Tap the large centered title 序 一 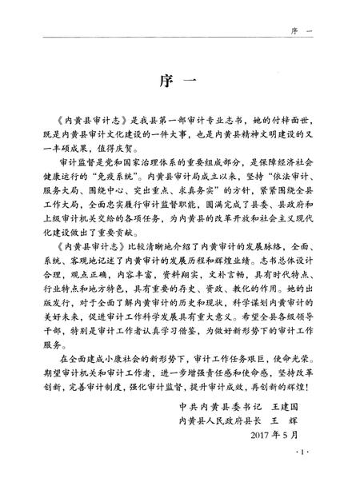tap(179, 85)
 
